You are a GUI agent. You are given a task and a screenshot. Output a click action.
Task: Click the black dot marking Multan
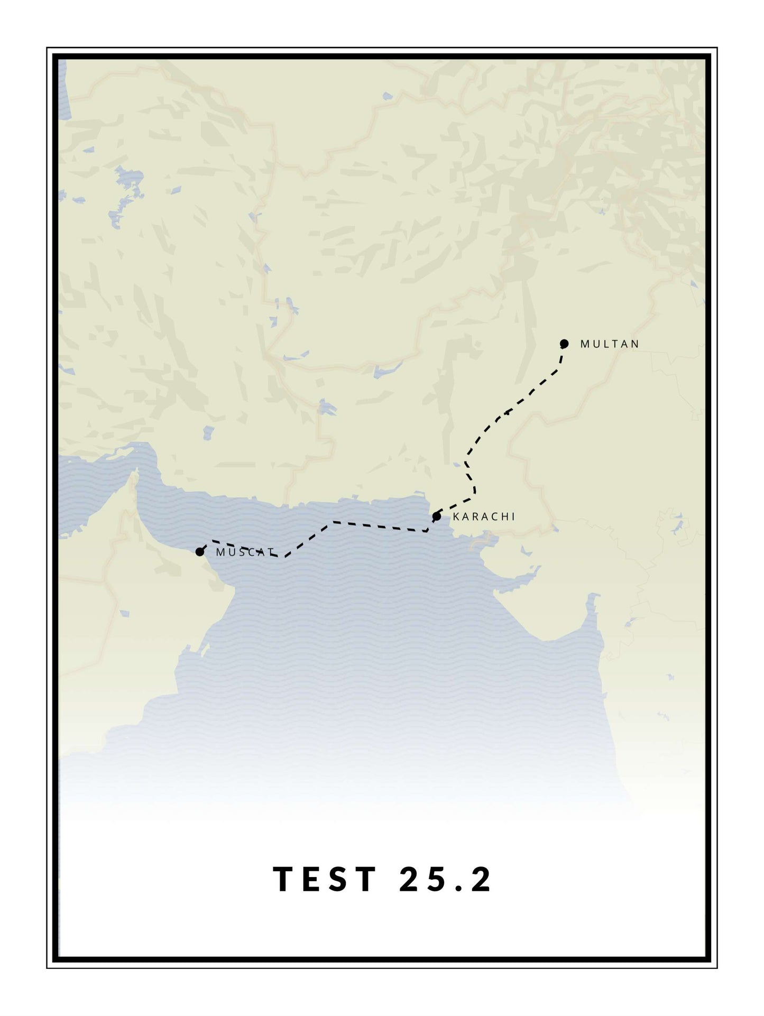click(x=564, y=344)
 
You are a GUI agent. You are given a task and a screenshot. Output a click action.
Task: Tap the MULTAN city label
click(x=610, y=344)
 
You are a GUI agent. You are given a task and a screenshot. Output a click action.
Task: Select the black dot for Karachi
click(x=437, y=516)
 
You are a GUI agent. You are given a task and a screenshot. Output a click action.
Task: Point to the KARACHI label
click(x=484, y=517)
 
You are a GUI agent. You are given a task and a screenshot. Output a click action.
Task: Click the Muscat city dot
click(x=199, y=552)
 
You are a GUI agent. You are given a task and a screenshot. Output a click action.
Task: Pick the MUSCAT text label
click(x=245, y=553)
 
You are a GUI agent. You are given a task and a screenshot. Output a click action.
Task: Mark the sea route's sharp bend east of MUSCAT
click(x=284, y=557)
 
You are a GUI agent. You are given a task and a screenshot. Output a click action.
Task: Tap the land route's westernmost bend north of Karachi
click(x=466, y=461)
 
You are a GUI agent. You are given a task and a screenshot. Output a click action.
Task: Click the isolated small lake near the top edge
click(x=388, y=96)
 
